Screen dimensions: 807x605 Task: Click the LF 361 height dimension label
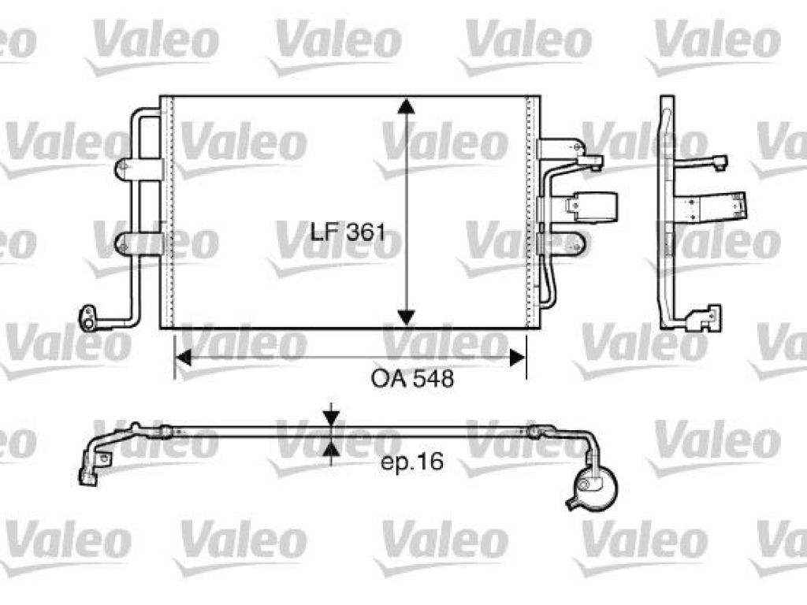pos(348,232)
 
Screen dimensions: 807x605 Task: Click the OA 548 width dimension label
pos(412,379)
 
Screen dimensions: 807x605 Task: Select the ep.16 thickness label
pos(411,462)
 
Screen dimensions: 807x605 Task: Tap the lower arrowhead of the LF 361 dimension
pos(407,317)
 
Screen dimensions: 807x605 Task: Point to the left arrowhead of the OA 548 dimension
pos(183,358)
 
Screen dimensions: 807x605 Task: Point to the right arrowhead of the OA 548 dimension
pos(518,358)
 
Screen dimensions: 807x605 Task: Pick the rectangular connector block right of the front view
pos(591,207)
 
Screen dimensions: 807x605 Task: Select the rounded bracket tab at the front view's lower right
pos(563,243)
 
